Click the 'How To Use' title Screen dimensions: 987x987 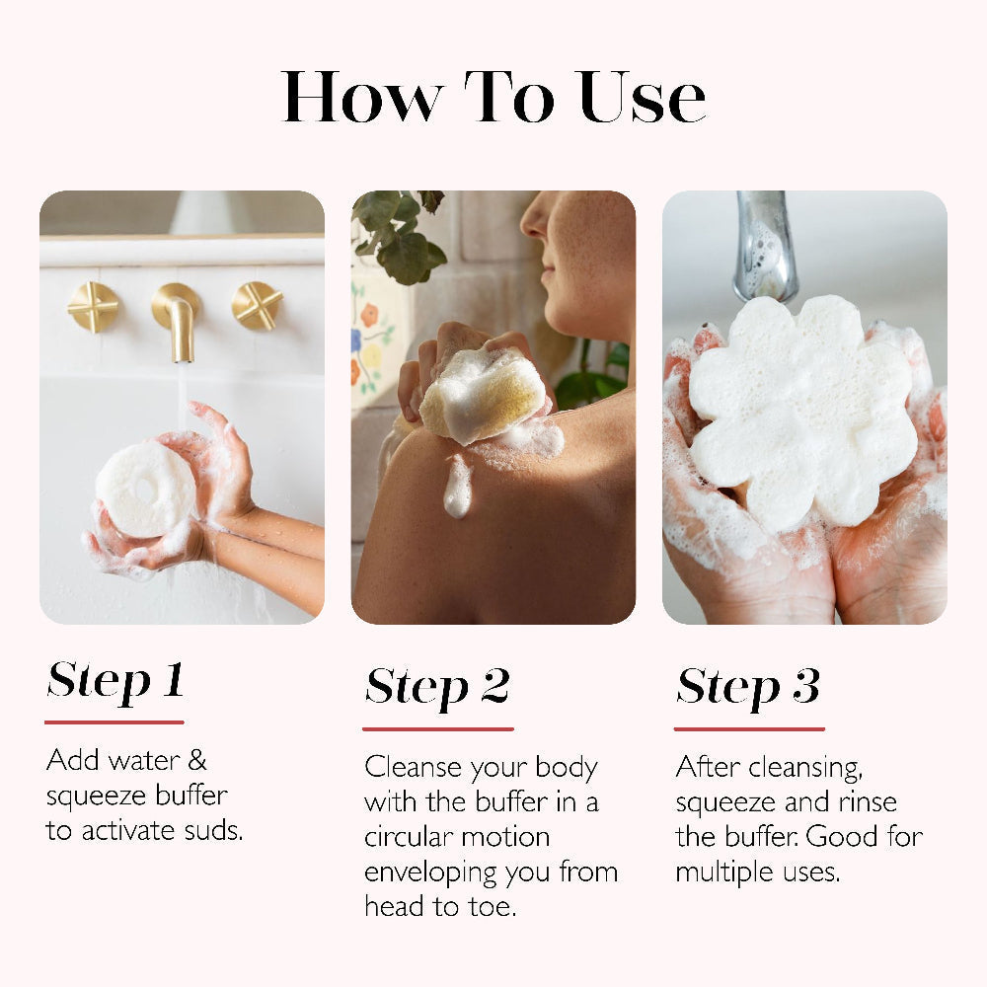pyautogui.click(x=493, y=97)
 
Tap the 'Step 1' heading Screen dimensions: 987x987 pyautogui.click(x=115, y=680)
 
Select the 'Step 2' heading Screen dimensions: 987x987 pyautogui.click(x=437, y=687)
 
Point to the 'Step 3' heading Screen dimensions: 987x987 pyautogui.click(x=748, y=687)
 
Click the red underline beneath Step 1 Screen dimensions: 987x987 pyautogui.click(x=114, y=722)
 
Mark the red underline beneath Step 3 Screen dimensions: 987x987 pyautogui.click(x=749, y=729)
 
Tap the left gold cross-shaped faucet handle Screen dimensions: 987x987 pyautogui.click(x=93, y=307)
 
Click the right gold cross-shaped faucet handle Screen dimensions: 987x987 pyautogui.click(x=257, y=305)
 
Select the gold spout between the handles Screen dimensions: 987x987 pyautogui.click(x=178, y=316)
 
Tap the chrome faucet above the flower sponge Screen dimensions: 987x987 pyautogui.click(x=766, y=247)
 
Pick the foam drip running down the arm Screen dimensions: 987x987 pyautogui.click(x=457, y=488)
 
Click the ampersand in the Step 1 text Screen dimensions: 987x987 pyautogui.click(x=196, y=761)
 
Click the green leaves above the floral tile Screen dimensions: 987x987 pyautogui.click(x=400, y=237)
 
